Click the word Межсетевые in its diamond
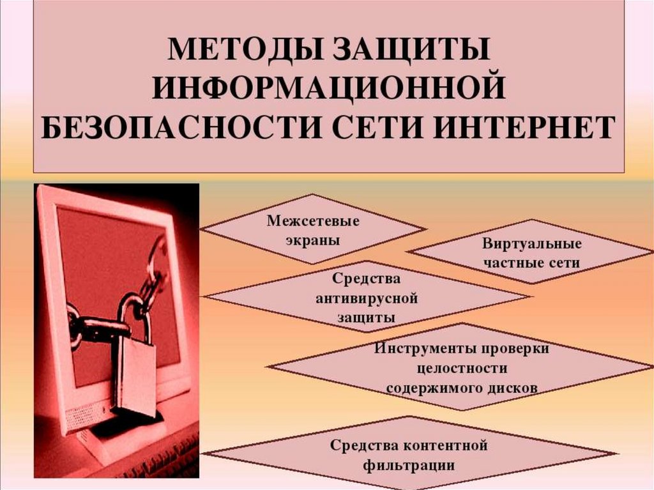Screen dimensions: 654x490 click(313, 222)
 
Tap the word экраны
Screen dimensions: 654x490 click(313, 241)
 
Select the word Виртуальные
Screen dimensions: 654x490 click(531, 244)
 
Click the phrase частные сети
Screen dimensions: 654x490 click(531, 263)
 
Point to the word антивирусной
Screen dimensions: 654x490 click(367, 298)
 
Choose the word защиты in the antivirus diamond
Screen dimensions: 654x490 click(367, 317)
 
